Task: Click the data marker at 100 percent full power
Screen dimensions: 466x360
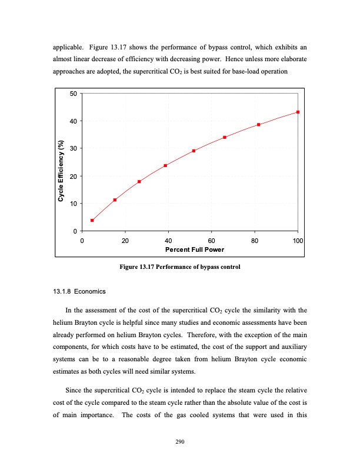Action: (298, 112)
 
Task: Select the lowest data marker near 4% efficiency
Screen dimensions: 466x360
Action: (92, 220)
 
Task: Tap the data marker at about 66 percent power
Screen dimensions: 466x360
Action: (225, 137)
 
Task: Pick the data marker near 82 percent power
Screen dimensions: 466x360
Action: (259, 125)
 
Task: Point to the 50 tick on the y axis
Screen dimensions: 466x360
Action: (73, 94)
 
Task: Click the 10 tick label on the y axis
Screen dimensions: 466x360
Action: (73, 204)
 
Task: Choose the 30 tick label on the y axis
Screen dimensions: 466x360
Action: (73, 148)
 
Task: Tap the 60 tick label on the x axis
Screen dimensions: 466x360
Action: (212, 241)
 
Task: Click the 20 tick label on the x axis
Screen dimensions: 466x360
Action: (125, 241)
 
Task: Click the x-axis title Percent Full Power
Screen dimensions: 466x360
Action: (190, 249)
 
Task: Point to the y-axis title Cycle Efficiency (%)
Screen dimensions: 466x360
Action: (61, 171)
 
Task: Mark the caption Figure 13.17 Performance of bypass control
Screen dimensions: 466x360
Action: (179, 268)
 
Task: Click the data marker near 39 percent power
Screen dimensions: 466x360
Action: (165, 165)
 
